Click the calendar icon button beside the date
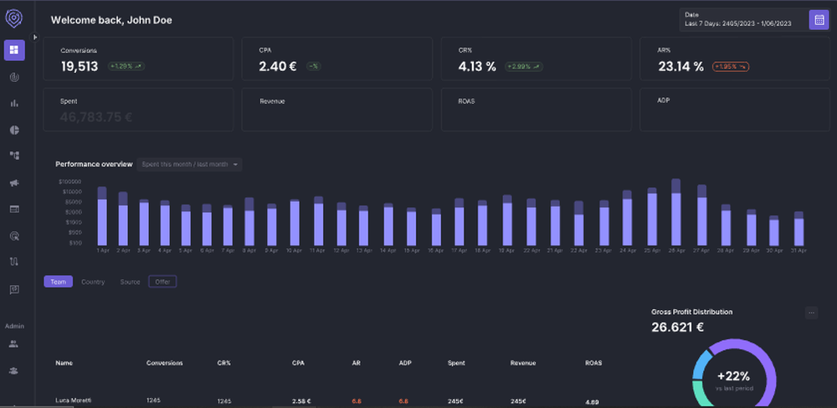(x=819, y=20)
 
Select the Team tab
(x=58, y=281)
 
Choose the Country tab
(x=93, y=281)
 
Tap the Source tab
(x=130, y=281)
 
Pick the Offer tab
(x=162, y=281)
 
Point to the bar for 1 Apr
(x=102, y=218)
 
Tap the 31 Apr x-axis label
(x=798, y=250)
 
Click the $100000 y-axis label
(x=70, y=181)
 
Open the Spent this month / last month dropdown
(x=190, y=164)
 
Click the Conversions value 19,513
(x=80, y=65)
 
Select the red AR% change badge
(x=731, y=66)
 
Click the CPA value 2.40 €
(x=277, y=65)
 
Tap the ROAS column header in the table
(x=593, y=363)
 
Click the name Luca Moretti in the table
(x=74, y=400)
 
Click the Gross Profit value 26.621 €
(x=677, y=328)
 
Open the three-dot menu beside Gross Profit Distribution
(x=810, y=312)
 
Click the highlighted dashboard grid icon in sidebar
(x=14, y=50)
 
